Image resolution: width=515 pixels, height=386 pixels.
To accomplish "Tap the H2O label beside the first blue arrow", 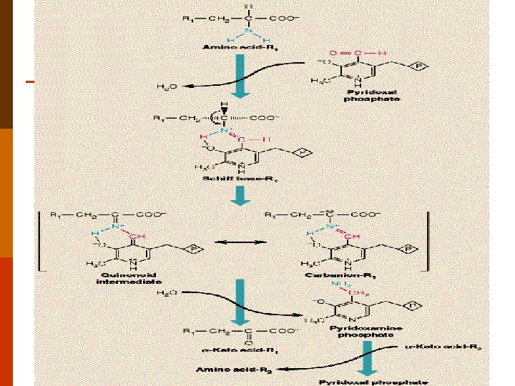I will coord(166,87).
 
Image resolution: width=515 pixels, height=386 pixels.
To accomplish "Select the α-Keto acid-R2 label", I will coord(450,346).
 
